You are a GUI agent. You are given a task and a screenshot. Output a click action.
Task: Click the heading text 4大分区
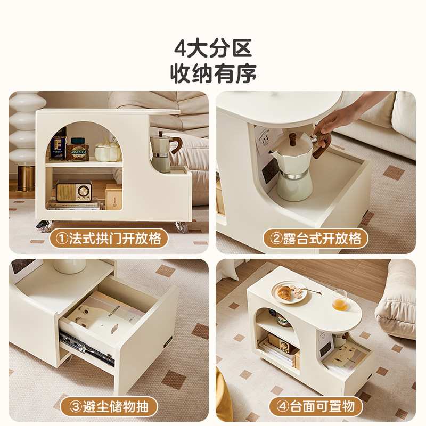tap(213, 48)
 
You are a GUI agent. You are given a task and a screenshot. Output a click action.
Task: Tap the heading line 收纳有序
tap(213, 73)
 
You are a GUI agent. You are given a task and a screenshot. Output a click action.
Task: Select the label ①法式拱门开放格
tap(109, 239)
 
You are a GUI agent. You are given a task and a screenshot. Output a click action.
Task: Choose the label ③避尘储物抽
tap(109, 407)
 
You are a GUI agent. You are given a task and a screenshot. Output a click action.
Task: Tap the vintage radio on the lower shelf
tap(73, 191)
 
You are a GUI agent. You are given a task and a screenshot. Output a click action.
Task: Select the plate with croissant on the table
tap(290, 292)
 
